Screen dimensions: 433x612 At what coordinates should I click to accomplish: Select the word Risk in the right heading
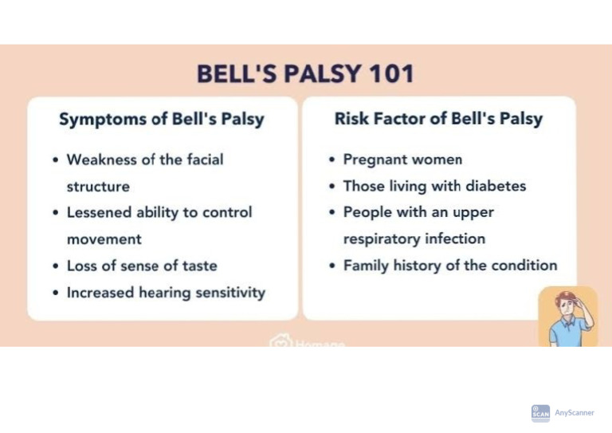(351, 119)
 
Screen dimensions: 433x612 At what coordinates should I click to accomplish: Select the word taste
(198, 266)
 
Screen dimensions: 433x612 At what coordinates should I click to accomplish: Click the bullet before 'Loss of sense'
(55, 266)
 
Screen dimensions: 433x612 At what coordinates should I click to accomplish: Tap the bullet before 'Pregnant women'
(331, 160)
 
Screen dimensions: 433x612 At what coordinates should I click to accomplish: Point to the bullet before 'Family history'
(331, 266)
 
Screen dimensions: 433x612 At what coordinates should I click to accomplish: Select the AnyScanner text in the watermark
(575, 412)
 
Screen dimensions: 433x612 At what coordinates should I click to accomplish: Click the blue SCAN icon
(540, 413)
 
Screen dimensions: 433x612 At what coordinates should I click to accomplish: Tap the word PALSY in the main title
(316, 74)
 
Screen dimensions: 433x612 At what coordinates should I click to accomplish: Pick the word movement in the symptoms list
(104, 239)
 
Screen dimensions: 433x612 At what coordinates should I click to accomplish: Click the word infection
(454, 239)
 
